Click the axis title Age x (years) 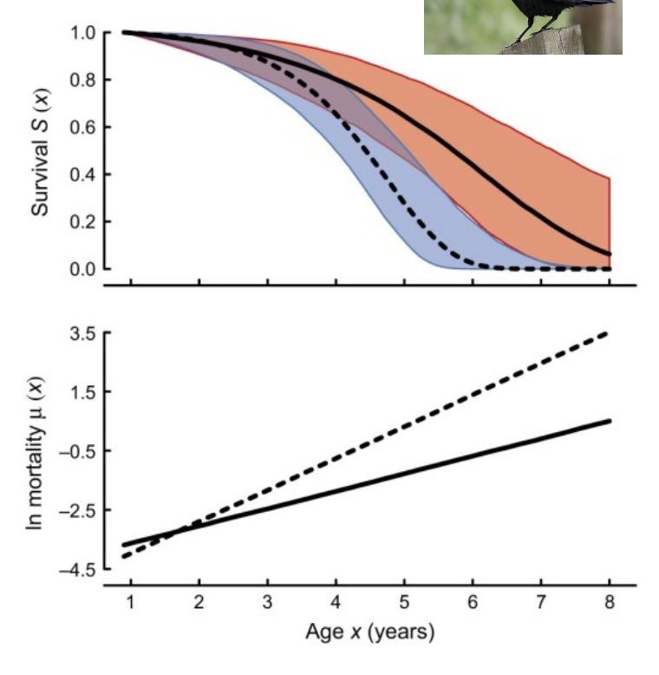[369, 632]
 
